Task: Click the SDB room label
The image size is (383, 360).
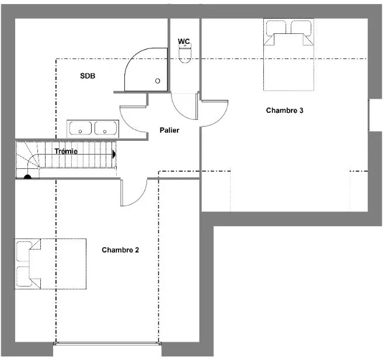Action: [88, 76]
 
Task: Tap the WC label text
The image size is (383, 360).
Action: [184, 41]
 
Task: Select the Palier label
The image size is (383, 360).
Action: [169, 130]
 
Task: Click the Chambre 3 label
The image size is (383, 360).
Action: [284, 110]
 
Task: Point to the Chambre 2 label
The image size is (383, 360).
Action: [120, 250]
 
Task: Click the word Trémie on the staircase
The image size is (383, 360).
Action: [66, 151]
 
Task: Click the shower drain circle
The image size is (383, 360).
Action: [158, 81]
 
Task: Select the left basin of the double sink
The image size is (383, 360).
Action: [81, 128]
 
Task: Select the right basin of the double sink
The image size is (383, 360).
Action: [106, 128]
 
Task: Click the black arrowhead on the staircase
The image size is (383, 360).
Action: [114, 154]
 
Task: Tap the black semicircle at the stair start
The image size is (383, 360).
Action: [27, 176]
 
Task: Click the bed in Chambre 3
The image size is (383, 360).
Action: [288, 54]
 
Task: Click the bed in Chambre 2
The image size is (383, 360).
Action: [50, 264]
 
